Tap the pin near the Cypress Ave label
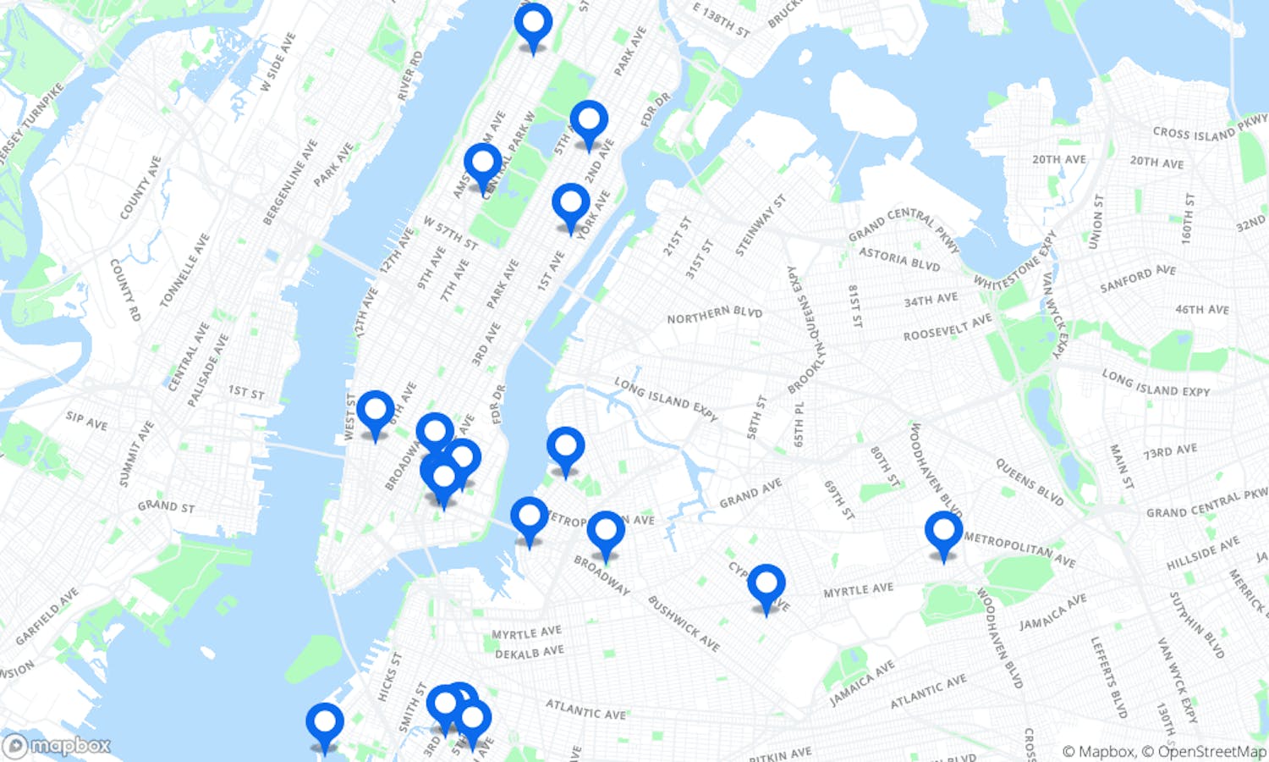[x=766, y=586]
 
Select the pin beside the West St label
[x=375, y=411]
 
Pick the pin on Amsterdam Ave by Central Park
[x=482, y=164]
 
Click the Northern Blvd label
[x=714, y=315]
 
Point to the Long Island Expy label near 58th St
[x=666, y=399]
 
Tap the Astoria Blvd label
[x=899, y=258]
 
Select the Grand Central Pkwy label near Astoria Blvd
[x=904, y=226]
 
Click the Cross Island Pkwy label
[x=1210, y=129]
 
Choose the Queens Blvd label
[x=1029, y=482]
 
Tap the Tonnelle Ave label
[x=184, y=270]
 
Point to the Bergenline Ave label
[x=289, y=183]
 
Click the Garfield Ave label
[x=47, y=616]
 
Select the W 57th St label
[x=451, y=233]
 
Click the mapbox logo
[x=58, y=746]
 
